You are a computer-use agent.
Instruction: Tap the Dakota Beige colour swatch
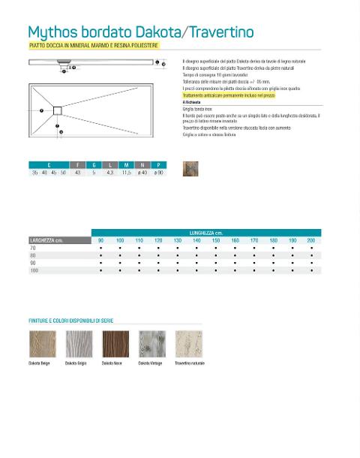[x=42, y=344]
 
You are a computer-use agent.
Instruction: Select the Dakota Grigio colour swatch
[x=79, y=344]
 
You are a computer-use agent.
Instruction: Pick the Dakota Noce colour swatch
[x=115, y=344]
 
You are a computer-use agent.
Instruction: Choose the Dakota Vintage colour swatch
[x=152, y=344]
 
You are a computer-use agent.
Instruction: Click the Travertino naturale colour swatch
[x=189, y=344]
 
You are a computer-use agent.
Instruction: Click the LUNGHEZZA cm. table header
[x=205, y=233]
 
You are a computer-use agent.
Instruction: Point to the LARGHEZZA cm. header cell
[x=46, y=240]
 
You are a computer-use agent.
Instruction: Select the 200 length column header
[x=311, y=240]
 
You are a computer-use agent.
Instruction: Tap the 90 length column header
[x=101, y=240]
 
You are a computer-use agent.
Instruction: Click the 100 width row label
[x=34, y=270]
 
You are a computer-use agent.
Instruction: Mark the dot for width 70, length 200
[x=311, y=248]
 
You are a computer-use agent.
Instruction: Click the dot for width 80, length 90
[x=101, y=255]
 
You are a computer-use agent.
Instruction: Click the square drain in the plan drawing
[x=57, y=111]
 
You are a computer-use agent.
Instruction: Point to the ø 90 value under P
[x=158, y=173]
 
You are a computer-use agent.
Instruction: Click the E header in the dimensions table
[x=49, y=165]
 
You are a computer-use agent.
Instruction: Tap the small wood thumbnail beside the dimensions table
[x=190, y=169]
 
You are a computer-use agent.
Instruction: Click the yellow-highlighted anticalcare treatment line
[x=229, y=96]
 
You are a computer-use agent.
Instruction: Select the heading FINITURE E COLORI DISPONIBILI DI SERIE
[x=70, y=321]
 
